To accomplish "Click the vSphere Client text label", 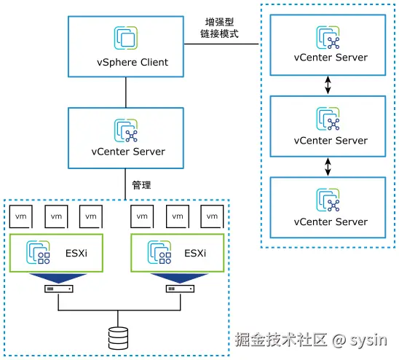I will click(127, 62).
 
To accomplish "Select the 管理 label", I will click(141, 185).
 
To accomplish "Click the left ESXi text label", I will click(72, 253).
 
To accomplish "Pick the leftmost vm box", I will click(22, 216).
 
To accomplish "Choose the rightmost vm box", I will click(212, 216).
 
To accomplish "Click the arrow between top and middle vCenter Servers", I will click(328, 85).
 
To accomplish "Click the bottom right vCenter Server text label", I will click(331, 222).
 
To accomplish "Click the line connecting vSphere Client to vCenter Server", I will click(127, 92).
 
